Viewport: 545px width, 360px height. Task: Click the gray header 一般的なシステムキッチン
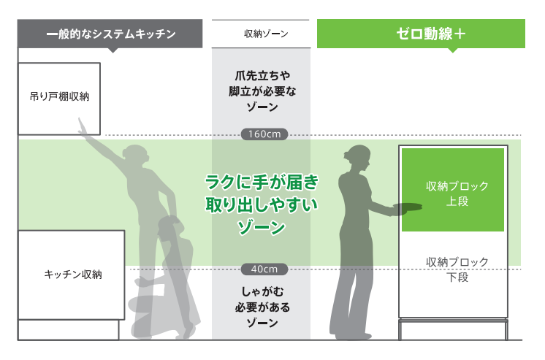pyautogui.click(x=110, y=34)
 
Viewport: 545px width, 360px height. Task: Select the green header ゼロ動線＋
pyautogui.click(x=421, y=34)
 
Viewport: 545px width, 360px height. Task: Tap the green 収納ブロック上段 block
pyautogui.click(x=452, y=191)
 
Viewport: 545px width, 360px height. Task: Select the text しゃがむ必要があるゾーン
pyautogui.click(x=261, y=306)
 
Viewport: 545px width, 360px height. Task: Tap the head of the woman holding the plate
pyautogui.click(x=358, y=156)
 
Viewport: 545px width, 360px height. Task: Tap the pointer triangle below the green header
pyautogui.click(x=452, y=50)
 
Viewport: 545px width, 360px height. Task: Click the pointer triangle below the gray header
pyautogui.click(x=112, y=50)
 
